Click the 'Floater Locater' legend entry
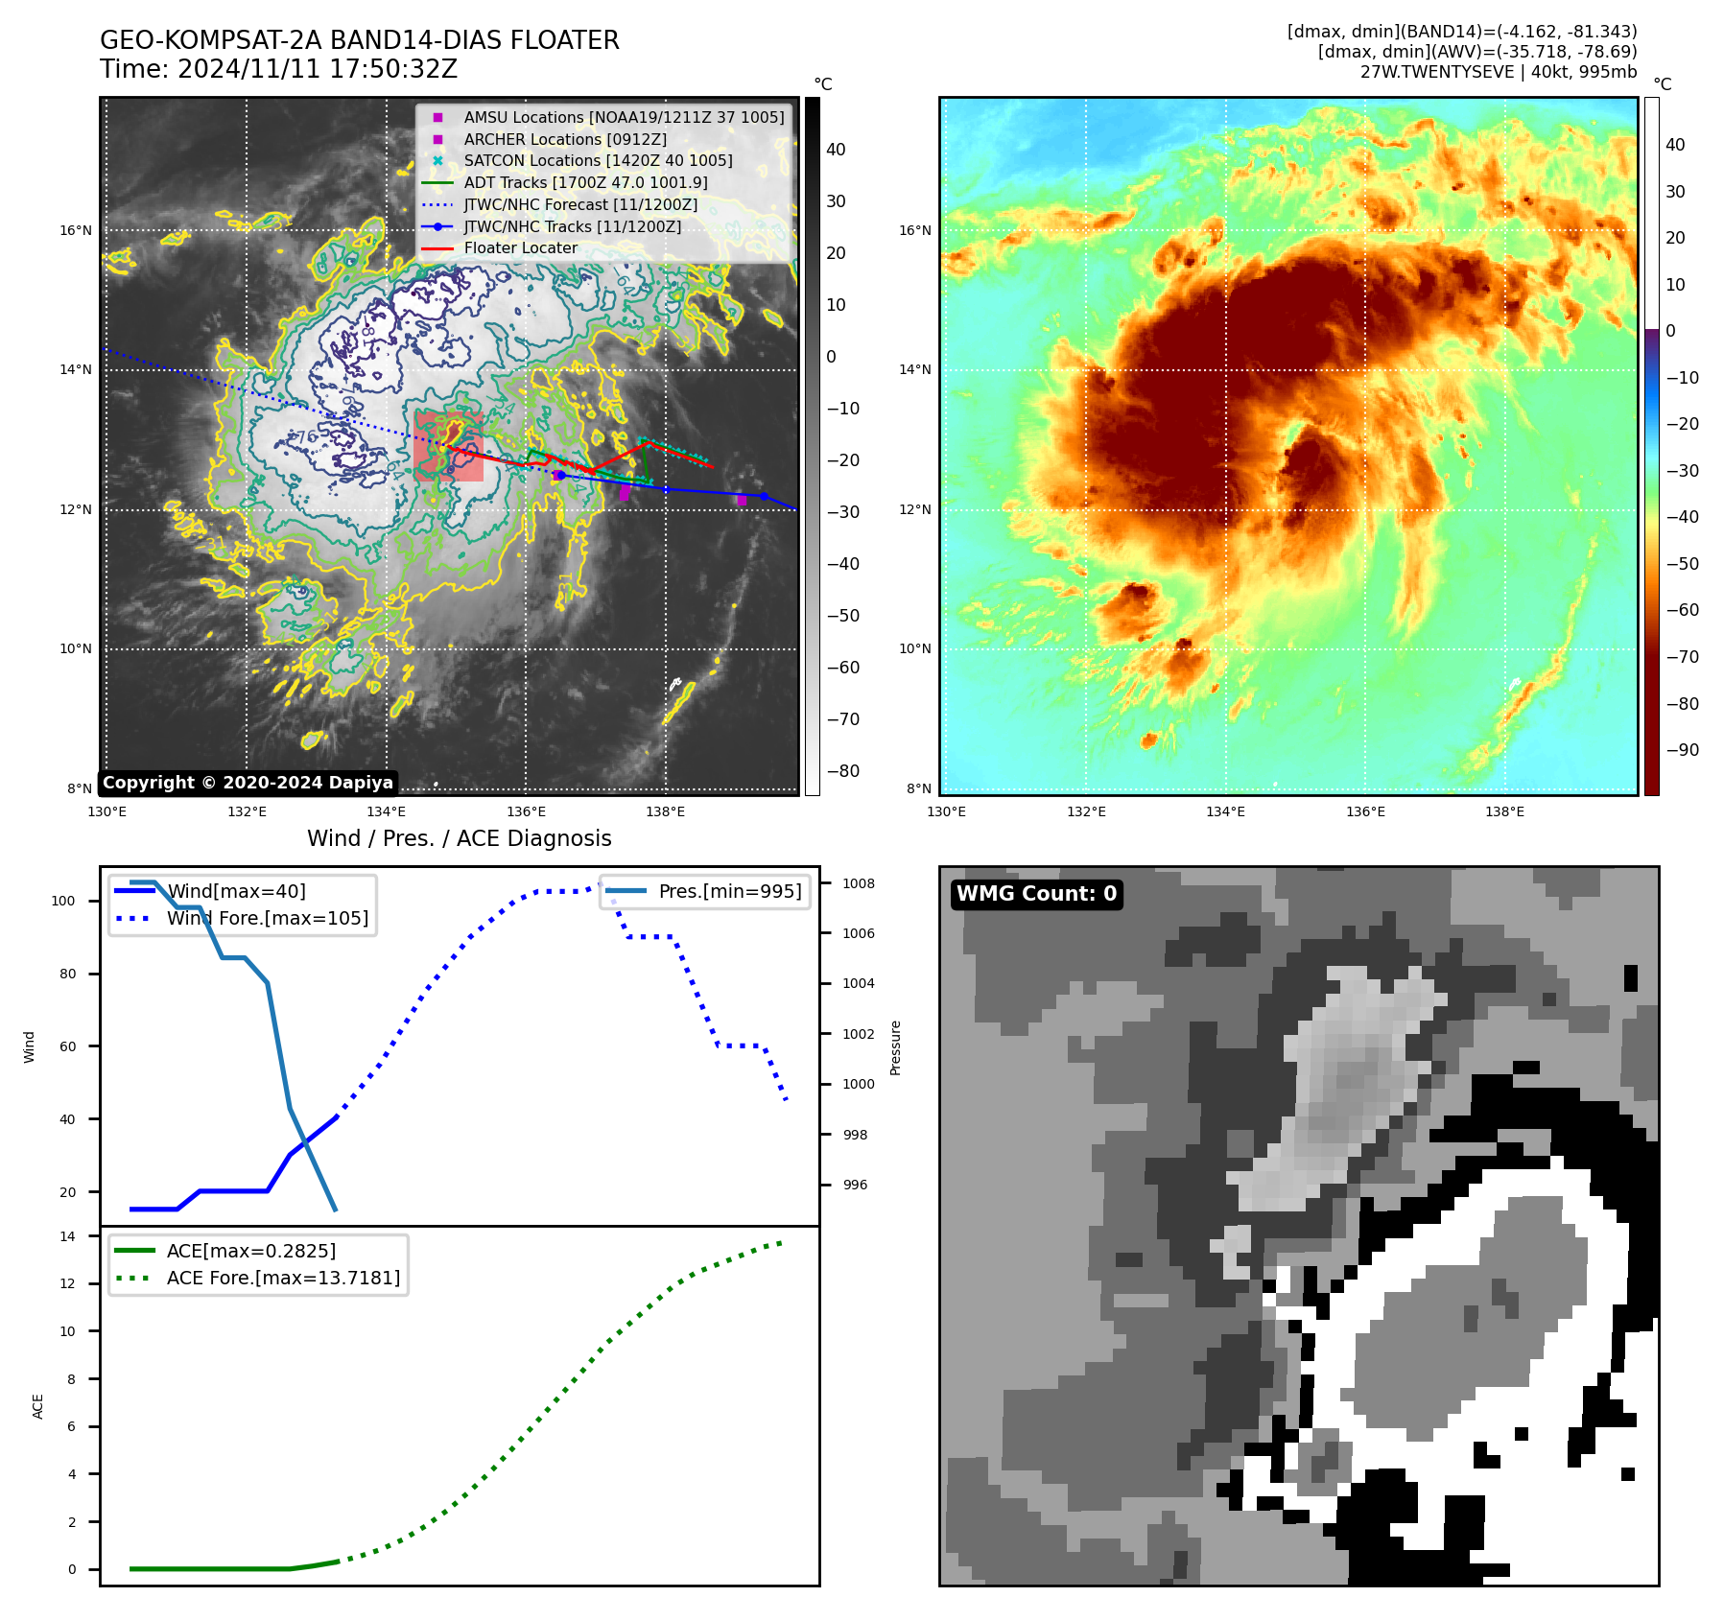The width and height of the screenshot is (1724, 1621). tap(520, 248)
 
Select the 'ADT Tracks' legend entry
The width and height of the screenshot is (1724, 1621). tap(585, 182)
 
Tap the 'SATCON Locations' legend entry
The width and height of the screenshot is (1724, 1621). tap(598, 161)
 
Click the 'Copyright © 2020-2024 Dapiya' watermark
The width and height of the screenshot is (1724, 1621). tap(248, 783)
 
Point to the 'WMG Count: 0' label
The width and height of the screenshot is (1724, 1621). tap(1036, 894)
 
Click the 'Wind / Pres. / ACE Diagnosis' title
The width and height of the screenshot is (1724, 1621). tap(459, 838)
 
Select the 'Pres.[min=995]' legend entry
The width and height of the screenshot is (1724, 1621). tap(729, 891)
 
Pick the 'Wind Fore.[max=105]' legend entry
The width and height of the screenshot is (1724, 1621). tap(267, 918)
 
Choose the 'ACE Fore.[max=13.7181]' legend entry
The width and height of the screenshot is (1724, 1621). tap(283, 1278)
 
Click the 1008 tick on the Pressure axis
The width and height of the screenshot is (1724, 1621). tap(859, 883)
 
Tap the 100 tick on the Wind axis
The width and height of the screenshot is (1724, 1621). tap(63, 901)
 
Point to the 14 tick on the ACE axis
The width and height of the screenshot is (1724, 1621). tap(67, 1236)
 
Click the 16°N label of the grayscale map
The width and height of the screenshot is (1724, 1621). tap(77, 230)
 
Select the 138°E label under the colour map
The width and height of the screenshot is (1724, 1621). tap(1504, 811)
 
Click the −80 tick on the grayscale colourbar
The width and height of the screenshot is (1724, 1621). tap(843, 771)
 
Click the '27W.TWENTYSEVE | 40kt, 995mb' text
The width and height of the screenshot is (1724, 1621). tap(1498, 72)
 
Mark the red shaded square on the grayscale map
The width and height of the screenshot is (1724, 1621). tap(449, 446)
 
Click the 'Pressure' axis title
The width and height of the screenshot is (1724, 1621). tap(895, 1047)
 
